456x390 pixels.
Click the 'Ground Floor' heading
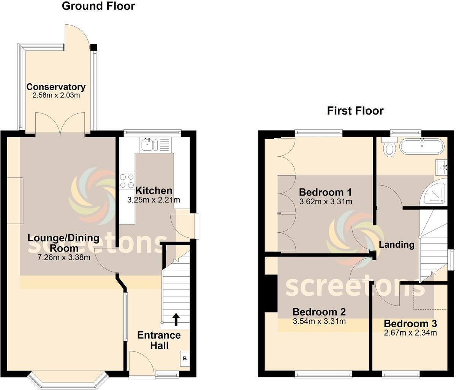tap(98, 6)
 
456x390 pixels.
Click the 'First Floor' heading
tap(355, 111)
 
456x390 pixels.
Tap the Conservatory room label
tap(56, 87)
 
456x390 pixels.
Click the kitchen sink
tap(147, 144)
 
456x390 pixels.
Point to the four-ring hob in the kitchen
tap(127, 181)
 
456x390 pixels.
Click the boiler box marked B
tap(185, 358)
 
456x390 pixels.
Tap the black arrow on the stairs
tap(176, 319)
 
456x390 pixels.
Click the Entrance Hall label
tap(159, 340)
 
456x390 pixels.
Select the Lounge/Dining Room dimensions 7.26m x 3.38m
tap(64, 258)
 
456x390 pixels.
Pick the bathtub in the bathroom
tap(421, 146)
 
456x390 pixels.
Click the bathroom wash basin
tap(442, 167)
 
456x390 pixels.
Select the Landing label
tap(396, 245)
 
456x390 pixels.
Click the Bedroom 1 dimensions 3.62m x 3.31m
tap(326, 202)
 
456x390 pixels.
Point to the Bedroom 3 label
tap(410, 324)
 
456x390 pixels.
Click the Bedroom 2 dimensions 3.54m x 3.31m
tap(319, 322)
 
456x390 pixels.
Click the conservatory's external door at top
tap(77, 37)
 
